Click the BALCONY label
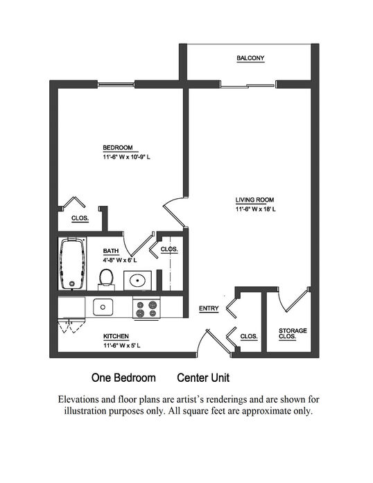250,58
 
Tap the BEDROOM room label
118,148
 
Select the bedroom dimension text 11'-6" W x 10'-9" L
127,157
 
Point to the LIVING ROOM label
254,200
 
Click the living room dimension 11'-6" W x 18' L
256,209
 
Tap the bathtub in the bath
72,264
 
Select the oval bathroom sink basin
137,281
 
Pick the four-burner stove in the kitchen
146,308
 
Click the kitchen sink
103,307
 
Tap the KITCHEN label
116,336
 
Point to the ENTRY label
209,308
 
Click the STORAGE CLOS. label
293,333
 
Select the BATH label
111,251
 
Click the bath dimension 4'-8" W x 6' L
120,261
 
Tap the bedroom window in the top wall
116,84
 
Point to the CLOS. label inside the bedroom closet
80,218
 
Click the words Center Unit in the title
203,378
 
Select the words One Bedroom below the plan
123,378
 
